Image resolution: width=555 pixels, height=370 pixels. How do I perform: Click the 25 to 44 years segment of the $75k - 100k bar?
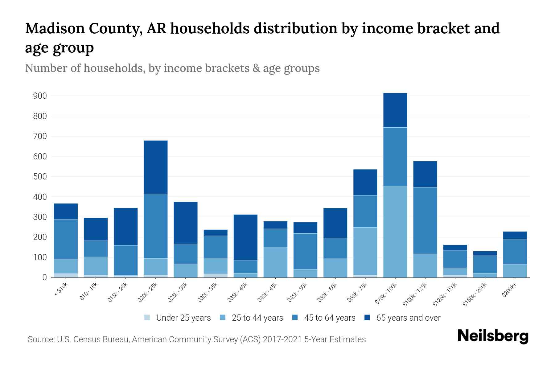tap(395, 232)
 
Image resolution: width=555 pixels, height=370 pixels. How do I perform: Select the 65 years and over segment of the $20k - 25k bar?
tap(156, 167)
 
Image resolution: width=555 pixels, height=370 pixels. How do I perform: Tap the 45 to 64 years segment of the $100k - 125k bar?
tap(425, 220)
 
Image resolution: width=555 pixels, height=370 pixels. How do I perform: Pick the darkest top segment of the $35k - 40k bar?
tap(245, 237)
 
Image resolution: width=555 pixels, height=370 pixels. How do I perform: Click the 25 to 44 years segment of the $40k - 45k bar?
tap(275, 262)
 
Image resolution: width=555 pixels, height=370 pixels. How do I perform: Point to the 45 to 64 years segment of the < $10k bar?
tap(66, 239)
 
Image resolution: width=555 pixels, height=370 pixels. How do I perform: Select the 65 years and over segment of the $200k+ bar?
tap(515, 235)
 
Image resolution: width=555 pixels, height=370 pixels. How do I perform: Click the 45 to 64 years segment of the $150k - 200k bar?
tap(485, 264)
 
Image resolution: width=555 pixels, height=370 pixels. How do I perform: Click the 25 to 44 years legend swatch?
tap(223, 318)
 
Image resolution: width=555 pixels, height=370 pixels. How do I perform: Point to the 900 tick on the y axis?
tap(40, 96)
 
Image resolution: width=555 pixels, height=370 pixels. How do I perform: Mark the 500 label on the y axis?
tap(40, 177)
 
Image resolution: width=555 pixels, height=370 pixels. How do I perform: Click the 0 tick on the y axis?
tap(44, 277)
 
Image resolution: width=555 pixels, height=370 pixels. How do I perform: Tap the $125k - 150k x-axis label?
tap(445, 294)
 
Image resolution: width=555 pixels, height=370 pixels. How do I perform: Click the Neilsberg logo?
tap(493, 336)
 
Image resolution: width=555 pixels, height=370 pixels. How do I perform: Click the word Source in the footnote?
tap(40, 339)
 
